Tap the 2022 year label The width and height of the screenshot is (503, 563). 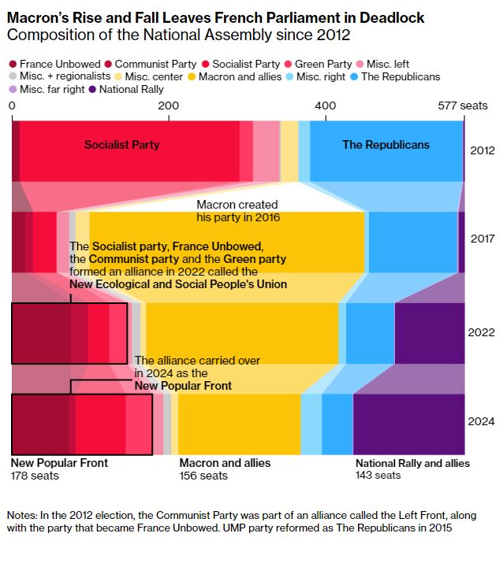[483, 332]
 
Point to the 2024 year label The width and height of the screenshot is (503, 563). [483, 422]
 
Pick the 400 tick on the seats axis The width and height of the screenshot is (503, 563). [324, 106]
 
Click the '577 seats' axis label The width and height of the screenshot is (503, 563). [463, 106]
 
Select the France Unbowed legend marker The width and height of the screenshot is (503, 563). [13, 63]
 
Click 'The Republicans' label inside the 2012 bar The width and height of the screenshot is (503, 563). [386, 145]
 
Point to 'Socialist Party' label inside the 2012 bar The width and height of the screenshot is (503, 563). [121, 145]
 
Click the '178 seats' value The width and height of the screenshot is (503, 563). [34, 476]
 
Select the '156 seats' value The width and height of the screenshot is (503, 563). [203, 476]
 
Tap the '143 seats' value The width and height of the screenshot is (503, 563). [378, 476]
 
